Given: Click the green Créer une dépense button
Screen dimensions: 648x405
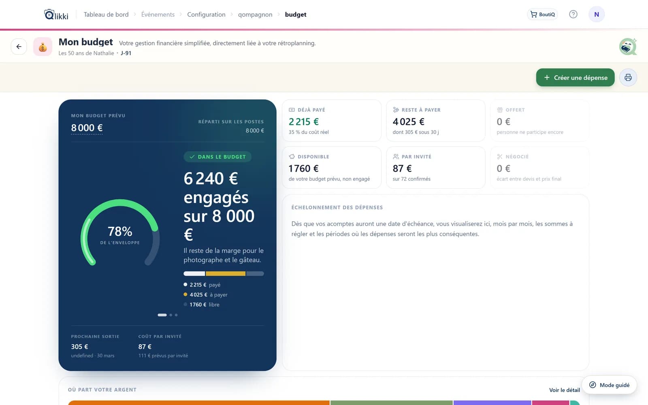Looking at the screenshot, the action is coord(575,77).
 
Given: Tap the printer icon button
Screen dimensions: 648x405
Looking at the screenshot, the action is coord(628,77).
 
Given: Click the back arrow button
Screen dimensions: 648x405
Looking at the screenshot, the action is coord(19,47).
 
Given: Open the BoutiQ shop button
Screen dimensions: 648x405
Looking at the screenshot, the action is coord(542,14).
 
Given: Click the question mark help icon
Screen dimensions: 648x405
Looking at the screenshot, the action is coord(573,14).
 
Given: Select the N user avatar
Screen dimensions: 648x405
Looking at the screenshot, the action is coord(597,14).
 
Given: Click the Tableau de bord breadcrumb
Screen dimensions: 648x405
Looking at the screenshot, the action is coord(106,14).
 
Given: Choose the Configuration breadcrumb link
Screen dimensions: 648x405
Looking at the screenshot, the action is coord(206,14).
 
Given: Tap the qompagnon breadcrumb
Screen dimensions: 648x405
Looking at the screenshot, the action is coord(255,14).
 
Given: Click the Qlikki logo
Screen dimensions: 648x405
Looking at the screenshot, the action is coord(56,15).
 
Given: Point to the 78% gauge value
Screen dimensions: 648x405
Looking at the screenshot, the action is coord(120,231).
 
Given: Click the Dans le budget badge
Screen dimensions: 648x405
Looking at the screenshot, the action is coord(217,157).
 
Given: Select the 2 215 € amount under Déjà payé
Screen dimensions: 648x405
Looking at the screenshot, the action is coord(304,122).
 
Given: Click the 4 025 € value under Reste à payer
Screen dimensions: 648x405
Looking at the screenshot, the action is coord(409,122).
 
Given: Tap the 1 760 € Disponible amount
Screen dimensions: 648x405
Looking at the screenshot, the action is coord(303,168).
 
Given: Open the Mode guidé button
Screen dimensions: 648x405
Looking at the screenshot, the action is coord(609,385).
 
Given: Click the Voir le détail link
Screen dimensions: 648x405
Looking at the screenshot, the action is coord(565,390).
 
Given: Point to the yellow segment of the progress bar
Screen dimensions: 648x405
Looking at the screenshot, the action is coord(226,273).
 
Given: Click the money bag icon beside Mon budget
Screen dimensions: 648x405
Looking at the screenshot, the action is coord(43,47).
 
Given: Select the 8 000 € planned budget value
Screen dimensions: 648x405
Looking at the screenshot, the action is coord(87,128).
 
